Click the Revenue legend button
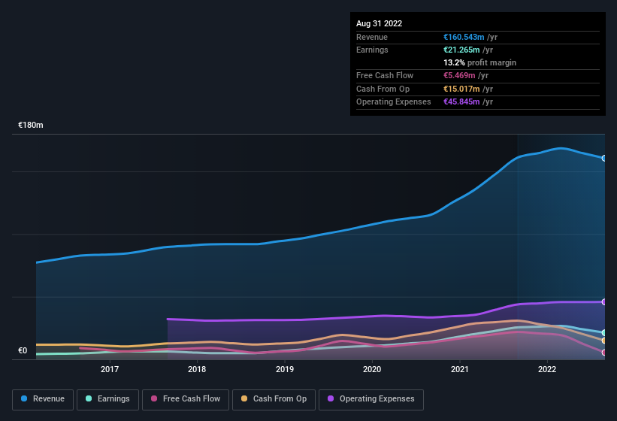(43, 399)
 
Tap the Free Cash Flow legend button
(186, 399)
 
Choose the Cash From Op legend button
(274, 399)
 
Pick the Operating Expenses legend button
(371, 399)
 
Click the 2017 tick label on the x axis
(110, 369)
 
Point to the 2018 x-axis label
(197, 369)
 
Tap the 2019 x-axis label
(285, 369)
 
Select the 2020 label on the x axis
(372, 369)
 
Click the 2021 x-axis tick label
(460, 369)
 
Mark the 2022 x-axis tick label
(547, 369)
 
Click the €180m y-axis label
(31, 125)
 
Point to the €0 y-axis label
(23, 350)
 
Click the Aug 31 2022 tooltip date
(380, 23)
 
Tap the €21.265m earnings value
(462, 50)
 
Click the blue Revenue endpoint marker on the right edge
(604, 158)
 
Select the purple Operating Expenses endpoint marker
(604, 301)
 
